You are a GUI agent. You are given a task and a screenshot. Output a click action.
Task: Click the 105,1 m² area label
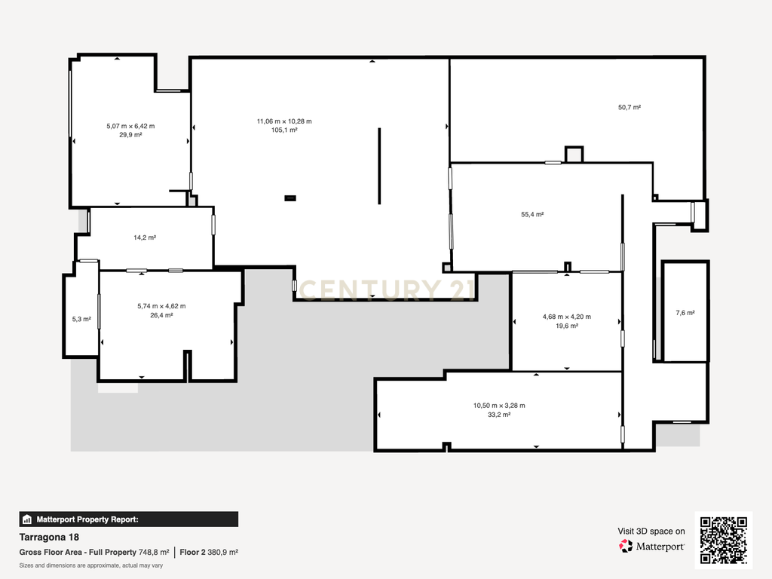[x=284, y=130]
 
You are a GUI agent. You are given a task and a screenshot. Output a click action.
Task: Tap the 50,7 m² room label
[x=630, y=107]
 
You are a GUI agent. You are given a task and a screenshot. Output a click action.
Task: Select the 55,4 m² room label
[x=532, y=215]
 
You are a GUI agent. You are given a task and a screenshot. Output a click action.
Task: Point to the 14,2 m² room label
[x=145, y=237]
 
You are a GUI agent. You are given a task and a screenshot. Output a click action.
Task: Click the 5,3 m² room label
[x=81, y=319]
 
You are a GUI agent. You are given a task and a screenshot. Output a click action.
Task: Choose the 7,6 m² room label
[x=685, y=313]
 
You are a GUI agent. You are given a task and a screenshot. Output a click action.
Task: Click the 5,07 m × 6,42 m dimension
[x=130, y=126]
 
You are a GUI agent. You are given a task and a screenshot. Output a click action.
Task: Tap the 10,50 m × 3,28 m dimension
[x=499, y=406]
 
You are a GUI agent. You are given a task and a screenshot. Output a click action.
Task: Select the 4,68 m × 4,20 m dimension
[x=567, y=317]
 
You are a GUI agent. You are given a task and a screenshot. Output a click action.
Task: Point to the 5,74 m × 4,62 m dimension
[x=161, y=306]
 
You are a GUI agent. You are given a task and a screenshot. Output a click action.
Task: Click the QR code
[x=724, y=540]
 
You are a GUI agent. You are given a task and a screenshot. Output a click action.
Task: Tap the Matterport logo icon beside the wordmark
[x=626, y=546]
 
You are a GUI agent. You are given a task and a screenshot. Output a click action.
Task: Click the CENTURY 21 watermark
[x=387, y=290]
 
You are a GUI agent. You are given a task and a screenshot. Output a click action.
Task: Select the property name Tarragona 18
[x=49, y=537]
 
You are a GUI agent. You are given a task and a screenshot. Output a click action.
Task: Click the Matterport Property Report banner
[x=128, y=519]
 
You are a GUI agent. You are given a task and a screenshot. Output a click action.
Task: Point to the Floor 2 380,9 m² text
[x=209, y=553]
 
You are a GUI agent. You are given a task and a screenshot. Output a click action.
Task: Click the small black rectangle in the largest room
[x=290, y=198]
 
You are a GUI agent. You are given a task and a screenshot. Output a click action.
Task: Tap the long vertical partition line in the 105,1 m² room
[x=379, y=166]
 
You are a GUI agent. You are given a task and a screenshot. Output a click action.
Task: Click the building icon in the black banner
[x=27, y=519]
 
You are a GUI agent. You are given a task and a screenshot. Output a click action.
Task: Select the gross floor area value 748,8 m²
[x=154, y=553]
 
